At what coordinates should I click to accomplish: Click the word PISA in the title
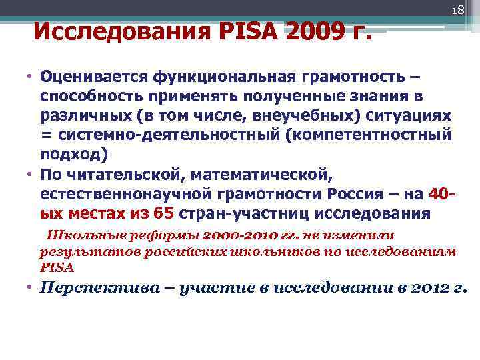pyautogui.click(x=247, y=30)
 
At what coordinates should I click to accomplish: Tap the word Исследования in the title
pyautogui.click(x=119, y=30)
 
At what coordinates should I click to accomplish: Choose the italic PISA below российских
pyautogui.click(x=57, y=267)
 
